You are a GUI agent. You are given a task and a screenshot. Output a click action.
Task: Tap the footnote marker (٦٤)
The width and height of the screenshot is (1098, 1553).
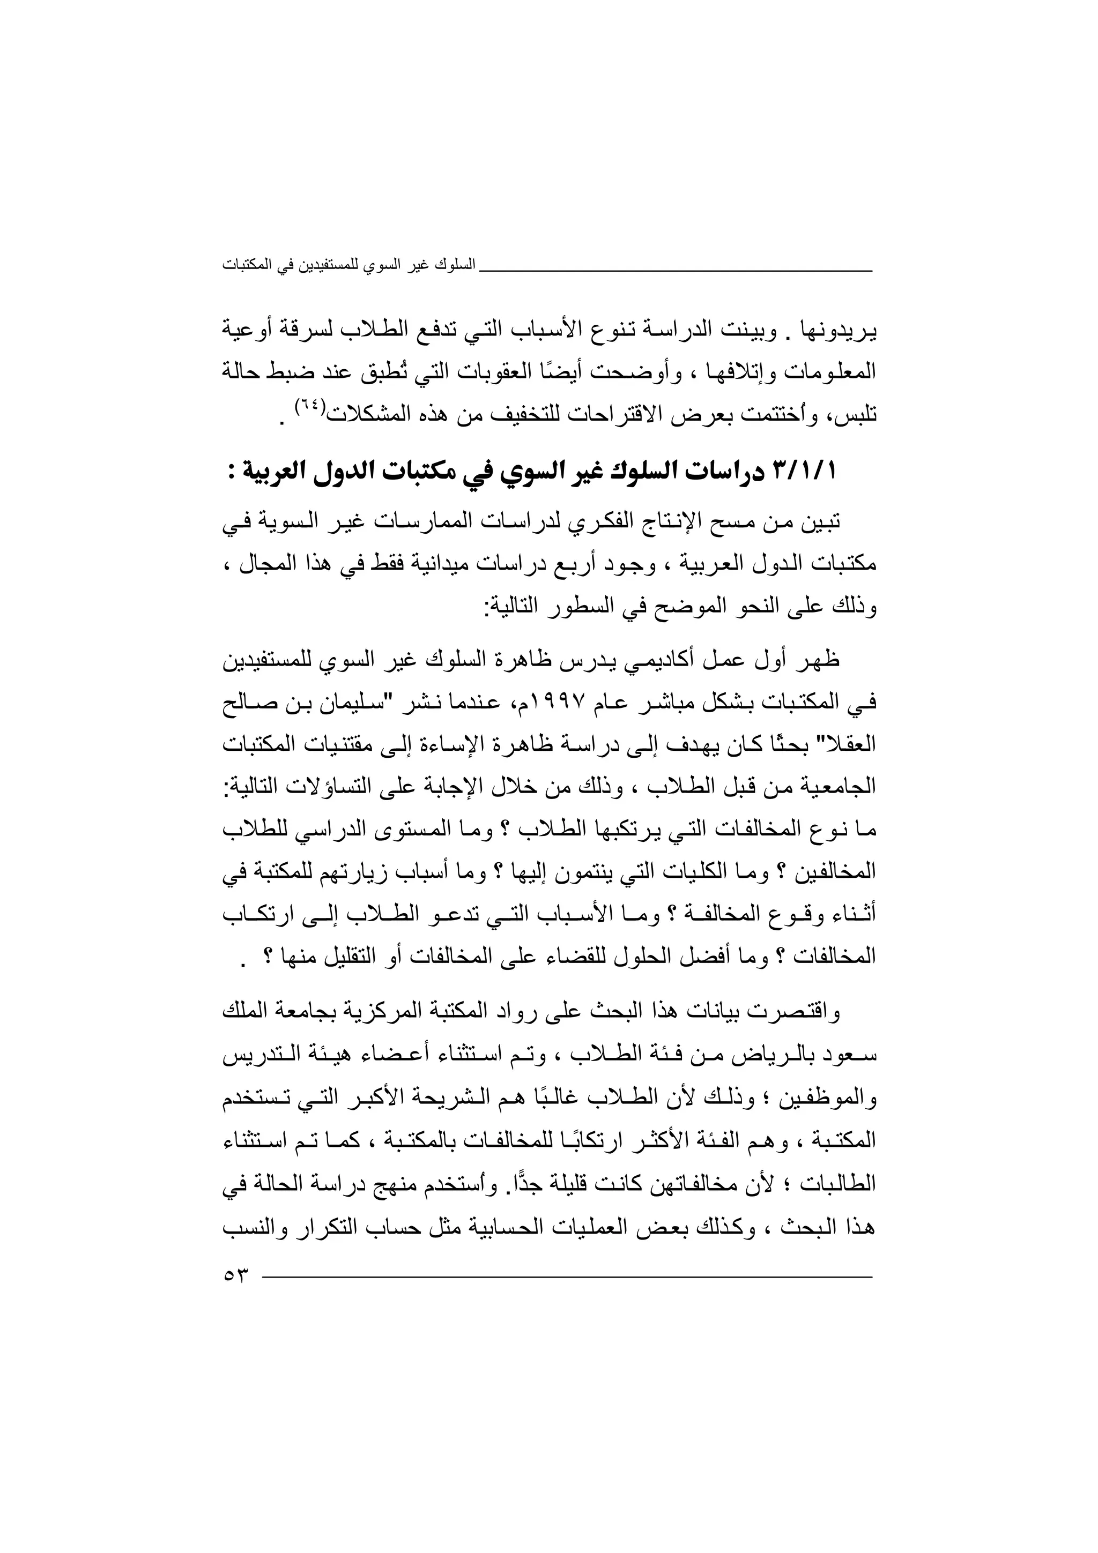310,408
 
